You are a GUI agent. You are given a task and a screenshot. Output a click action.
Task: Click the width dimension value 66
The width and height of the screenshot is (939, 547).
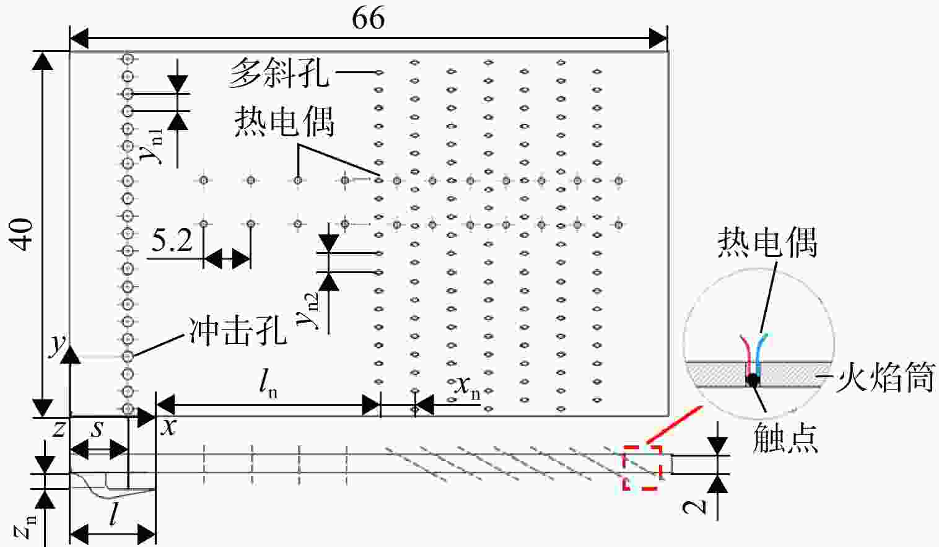tap(368, 18)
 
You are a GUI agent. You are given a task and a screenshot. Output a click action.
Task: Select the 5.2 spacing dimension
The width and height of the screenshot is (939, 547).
tap(172, 240)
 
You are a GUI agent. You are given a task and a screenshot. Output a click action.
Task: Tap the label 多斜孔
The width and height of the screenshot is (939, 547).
tap(278, 72)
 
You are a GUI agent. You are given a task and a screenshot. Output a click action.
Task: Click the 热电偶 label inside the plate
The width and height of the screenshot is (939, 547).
tap(285, 121)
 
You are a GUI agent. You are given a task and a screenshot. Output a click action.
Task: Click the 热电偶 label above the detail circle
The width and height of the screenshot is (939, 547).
tap(768, 242)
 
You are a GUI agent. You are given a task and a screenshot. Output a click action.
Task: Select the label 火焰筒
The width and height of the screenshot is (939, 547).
tap(885, 378)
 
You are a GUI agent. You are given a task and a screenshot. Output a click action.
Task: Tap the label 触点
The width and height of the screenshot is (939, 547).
tap(785, 437)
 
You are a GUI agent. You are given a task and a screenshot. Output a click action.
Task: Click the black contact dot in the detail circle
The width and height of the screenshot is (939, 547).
tap(753, 380)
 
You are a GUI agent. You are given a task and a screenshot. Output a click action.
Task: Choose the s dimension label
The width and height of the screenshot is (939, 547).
tap(97, 429)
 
